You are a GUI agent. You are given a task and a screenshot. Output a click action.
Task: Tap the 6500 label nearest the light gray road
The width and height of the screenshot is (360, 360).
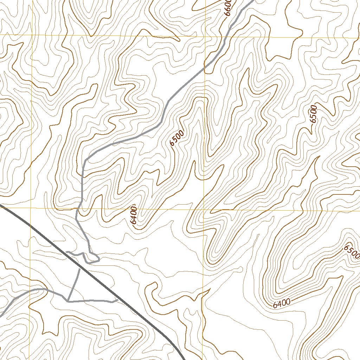tap(176, 138)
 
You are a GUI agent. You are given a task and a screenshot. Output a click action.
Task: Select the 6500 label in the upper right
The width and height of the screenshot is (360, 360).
tap(314, 114)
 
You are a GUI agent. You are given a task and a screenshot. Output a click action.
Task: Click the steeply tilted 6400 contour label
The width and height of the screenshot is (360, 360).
tap(133, 215)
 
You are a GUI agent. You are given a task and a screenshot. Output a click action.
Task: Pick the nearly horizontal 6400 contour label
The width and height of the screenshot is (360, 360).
tap(282, 303)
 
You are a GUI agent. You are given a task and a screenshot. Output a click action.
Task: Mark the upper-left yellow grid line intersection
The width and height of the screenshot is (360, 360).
tap(32, 36)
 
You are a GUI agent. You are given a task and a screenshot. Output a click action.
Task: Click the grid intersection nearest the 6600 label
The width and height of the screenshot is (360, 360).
tap(205, 36)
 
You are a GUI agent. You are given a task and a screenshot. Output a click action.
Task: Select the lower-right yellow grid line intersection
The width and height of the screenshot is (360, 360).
tap(204, 210)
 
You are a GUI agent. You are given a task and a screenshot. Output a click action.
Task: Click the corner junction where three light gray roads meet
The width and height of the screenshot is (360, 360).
tap(68, 301)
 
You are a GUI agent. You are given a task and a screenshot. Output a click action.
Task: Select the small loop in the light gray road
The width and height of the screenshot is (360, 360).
tap(92, 258)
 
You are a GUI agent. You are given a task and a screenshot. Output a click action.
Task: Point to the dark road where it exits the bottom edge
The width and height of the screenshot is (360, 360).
tap(183, 359)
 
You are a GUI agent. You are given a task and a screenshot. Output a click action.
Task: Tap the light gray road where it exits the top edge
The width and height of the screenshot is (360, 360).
tap(252, 1)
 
